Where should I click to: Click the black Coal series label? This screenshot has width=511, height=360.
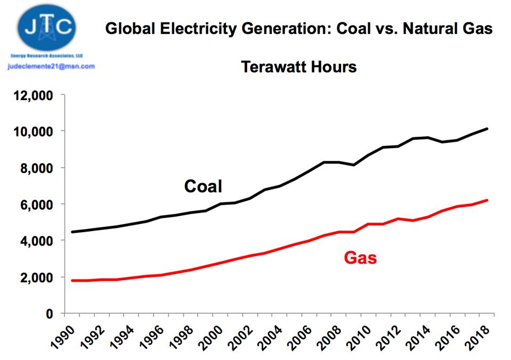(203, 186)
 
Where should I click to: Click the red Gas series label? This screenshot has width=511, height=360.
(360, 258)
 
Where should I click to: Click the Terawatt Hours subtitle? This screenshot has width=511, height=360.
(298, 68)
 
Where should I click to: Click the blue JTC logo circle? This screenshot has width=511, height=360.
(46, 27)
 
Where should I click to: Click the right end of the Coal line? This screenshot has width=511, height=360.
(487, 129)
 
